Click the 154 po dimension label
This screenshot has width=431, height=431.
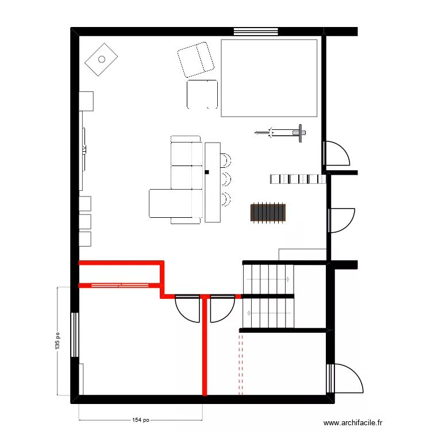point(141,420)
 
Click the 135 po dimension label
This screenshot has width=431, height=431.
point(57,341)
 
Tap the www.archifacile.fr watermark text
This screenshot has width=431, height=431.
point(353,422)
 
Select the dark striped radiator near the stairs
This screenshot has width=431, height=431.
point(268,212)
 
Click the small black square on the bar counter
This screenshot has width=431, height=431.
point(207,172)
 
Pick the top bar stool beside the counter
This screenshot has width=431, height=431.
point(225,160)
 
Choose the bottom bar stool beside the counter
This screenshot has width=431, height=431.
point(225,199)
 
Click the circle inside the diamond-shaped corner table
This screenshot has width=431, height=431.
point(102,59)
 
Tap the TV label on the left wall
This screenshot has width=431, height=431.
point(84,149)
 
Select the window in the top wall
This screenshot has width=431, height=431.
point(256,32)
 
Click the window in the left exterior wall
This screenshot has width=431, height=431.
point(75,335)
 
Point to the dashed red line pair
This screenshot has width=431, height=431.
point(241,364)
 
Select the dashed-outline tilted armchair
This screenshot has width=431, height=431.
point(196,60)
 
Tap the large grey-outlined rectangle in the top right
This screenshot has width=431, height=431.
point(269,78)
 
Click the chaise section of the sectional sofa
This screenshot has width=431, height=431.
point(171,203)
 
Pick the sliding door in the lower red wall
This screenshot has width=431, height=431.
point(120,285)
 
